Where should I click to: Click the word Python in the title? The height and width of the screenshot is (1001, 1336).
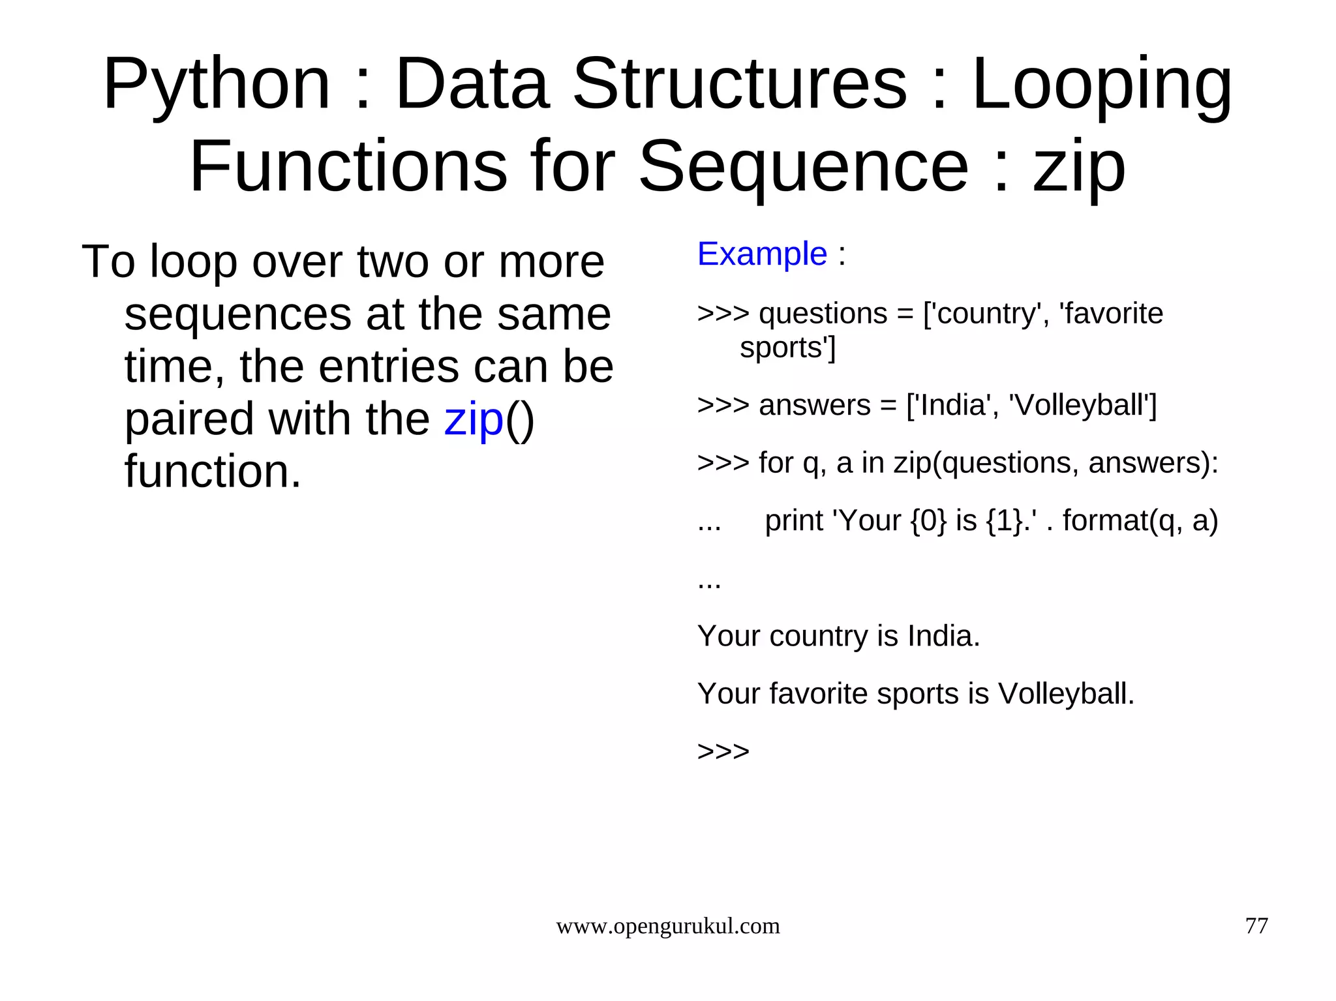[217, 85]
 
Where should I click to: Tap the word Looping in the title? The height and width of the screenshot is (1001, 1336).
[1102, 85]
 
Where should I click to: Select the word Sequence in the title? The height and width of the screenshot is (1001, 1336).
[803, 167]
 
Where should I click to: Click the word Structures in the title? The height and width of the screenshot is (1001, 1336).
[740, 85]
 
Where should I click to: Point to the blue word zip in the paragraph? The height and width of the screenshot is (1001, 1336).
[474, 419]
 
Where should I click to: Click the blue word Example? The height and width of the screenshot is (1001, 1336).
[762, 254]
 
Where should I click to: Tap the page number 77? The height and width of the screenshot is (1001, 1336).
[1256, 926]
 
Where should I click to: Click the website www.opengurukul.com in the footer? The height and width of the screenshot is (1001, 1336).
[667, 926]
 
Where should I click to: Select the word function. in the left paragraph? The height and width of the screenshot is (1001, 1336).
[213, 471]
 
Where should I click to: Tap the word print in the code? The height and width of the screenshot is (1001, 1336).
[793, 520]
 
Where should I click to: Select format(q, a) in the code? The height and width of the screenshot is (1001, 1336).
[1140, 520]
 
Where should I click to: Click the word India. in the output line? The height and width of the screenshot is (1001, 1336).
[943, 636]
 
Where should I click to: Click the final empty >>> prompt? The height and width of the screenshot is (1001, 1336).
[723, 751]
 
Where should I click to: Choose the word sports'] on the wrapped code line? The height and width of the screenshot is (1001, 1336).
[787, 348]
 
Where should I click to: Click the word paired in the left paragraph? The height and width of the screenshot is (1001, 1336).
[189, 419]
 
